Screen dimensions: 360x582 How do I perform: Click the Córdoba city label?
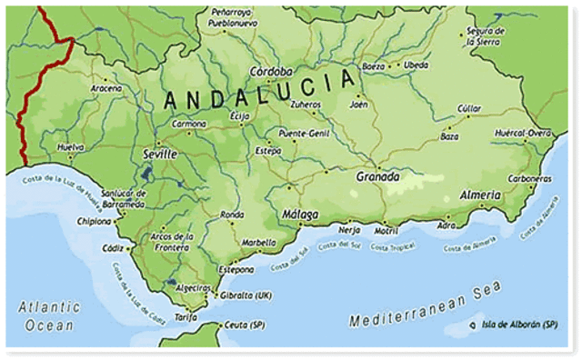click(273, 72)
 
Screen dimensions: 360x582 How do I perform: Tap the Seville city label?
click(160, 155)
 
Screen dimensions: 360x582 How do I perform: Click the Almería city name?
click(479, 195)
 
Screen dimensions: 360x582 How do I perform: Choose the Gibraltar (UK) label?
click(246, 295)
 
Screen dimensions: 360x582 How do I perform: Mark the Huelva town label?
click(70, 146)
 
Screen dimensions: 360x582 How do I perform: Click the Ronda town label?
click(232, 215)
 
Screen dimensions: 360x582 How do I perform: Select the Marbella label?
click(257, 243)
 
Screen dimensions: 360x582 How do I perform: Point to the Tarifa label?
click(186, 316)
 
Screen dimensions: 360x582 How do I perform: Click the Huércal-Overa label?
click(523, 133)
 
